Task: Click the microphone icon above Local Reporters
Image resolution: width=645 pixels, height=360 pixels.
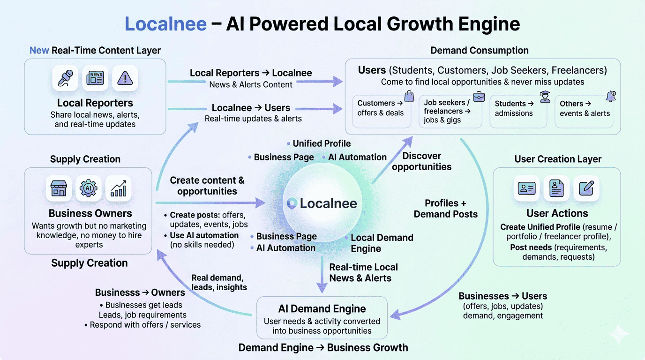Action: click(x=65, y=78)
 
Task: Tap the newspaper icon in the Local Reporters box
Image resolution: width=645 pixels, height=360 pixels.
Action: click(x=95, y=78)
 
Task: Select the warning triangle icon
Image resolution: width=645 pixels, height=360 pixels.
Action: click(x=125, y=78)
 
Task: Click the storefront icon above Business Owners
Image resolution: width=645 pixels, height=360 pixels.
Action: click(x=59, y=188)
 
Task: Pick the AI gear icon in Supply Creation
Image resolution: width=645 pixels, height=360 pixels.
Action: click(x=88, y=188)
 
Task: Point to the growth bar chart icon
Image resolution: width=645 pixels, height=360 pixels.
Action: click(x=118, y=188)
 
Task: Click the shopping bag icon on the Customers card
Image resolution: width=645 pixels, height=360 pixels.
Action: click(x=409, y=97)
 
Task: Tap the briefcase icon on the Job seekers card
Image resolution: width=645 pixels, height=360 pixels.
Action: click(x=479, y=97)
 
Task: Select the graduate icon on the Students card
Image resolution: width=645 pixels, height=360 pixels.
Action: click(x=545, y=97)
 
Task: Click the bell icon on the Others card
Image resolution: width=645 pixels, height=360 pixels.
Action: click(x=611, y=97)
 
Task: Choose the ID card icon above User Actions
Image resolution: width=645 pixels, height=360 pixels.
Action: click(x=526, y=188)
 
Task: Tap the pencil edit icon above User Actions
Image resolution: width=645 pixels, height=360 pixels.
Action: click(x=586, y=188)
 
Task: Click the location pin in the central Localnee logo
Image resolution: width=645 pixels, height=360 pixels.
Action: click(x=292, y=203)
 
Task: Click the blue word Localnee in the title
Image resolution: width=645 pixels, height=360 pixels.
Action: click(x=165, y=24)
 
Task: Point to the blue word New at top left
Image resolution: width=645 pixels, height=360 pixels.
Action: click(x=39, y=51)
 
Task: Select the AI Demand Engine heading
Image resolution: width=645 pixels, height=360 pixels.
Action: click(x=322, y=309)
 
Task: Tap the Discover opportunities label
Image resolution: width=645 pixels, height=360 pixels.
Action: click(x=422, y=161)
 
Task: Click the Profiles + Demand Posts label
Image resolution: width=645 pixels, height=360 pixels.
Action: click(x=445, y=209)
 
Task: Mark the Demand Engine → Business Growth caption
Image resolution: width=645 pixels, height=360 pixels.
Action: click(x=323, y=348)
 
